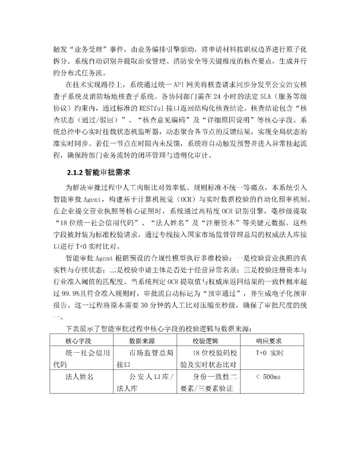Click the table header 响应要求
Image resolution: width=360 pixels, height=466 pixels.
click(269, 341)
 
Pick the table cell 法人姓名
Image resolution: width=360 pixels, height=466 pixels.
click(79, 377)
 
